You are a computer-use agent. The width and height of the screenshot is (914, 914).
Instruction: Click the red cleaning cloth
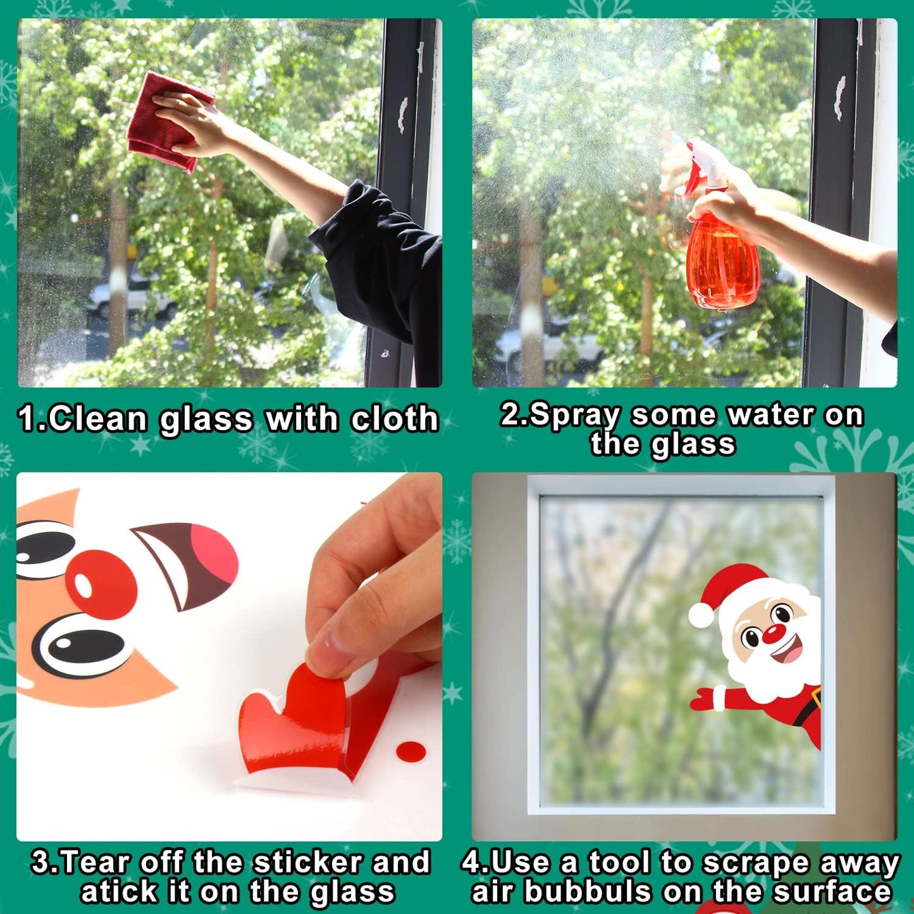(x=166, y=123)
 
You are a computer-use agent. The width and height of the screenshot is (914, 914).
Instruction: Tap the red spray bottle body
(x=722, y=262)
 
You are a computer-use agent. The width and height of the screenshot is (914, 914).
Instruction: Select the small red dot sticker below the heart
(x=411, y=751)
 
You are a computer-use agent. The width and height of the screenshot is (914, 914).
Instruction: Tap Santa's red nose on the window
(x=772, y=633)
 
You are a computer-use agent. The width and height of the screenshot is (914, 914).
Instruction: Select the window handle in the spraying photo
(x=840, y=98)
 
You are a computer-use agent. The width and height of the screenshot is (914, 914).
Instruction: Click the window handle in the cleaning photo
(x=402, y=114)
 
